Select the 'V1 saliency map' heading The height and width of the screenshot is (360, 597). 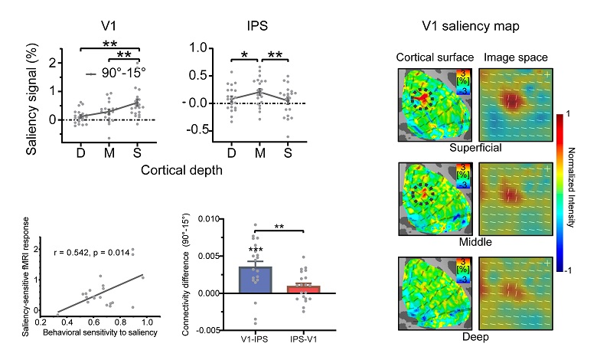[x=471, y=25]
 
